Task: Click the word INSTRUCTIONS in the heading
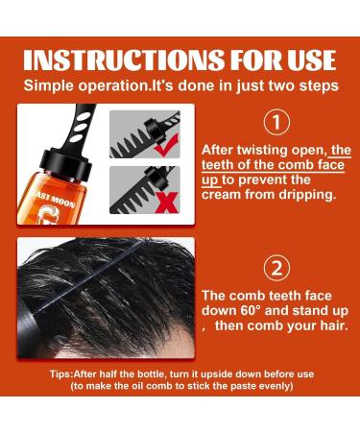(x=123, y=60)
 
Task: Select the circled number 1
(x=276, y=122)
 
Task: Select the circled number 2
(x=276, y=268)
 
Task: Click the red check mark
(x=165, y=144)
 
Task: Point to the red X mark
(x=166, y=203)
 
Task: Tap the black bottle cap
(x=66, y=161)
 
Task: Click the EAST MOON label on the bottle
(x=55, y=200)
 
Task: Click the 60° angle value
(x=252, y=310)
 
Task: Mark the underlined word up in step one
(x=209, y=180)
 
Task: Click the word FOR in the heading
(x=253, y=60)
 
